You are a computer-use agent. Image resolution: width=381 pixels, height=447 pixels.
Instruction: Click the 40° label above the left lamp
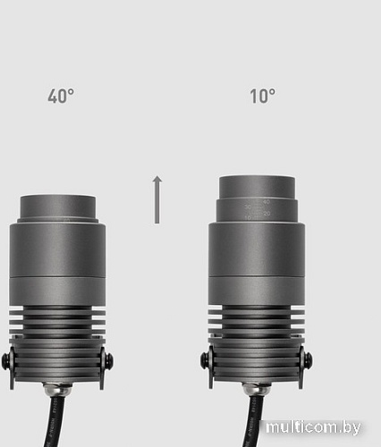pyautogui.click(x=60, y=97)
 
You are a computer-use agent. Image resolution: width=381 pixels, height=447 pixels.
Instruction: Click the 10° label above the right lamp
pyautogui.click(x=262, y=97)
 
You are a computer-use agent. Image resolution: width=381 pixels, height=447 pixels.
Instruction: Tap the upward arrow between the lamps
pyautogui.click(x=157, y=200)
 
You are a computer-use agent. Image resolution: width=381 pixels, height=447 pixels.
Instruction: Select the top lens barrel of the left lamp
pyautogui.click(x=58, y=205)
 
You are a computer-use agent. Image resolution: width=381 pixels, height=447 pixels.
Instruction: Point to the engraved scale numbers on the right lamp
pyautogui.click(x=263, y=209)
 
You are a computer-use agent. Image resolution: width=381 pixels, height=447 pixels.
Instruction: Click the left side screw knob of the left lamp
pyautogui.click(x=7, y=361)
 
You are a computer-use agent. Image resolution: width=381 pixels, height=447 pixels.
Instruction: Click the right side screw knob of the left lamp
pyautogui.click(x=109, y=361)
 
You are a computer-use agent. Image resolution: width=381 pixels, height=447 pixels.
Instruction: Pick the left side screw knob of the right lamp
pyautogui.click(x=206, y=361)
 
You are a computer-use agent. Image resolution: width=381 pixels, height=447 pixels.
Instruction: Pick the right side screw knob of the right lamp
pyautogui.click(x=309, y=361)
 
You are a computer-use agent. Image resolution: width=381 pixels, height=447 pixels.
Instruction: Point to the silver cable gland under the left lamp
pyautogui.click(x=58, y=390)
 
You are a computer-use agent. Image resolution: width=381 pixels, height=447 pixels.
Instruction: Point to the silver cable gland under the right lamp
pyautogui.click(x=258, y=390)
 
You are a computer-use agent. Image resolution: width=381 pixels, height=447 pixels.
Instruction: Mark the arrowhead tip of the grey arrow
pyautogui.click(x=157, y=178)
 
